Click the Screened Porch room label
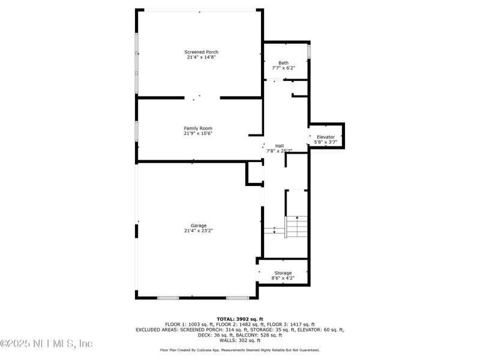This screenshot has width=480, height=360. pos(201,52)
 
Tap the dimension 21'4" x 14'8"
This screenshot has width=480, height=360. pos(201,58)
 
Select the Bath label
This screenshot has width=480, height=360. pos(283,63)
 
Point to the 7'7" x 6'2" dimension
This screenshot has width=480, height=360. pos(283,68)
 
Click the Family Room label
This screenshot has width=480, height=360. pos(198,128)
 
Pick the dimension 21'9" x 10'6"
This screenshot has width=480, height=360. pos(198,133)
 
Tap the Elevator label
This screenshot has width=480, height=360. pos(326,137)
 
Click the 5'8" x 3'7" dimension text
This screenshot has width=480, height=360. pos(326,142)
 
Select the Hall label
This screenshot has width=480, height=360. pos(280,146)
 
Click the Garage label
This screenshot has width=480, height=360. pos(199,226)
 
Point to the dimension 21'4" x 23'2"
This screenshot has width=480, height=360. pos(199,231)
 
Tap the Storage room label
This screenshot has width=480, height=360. pos(283,273)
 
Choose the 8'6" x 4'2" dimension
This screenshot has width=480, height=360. pos(283,278)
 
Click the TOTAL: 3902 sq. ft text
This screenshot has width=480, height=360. pos(240,319)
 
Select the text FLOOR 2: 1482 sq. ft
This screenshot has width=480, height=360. pos(240,324)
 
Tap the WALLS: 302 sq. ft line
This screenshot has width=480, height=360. pos(240,340)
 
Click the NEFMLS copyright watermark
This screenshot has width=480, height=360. pos(47,344)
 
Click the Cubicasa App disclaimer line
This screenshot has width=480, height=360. pos(240,350)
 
